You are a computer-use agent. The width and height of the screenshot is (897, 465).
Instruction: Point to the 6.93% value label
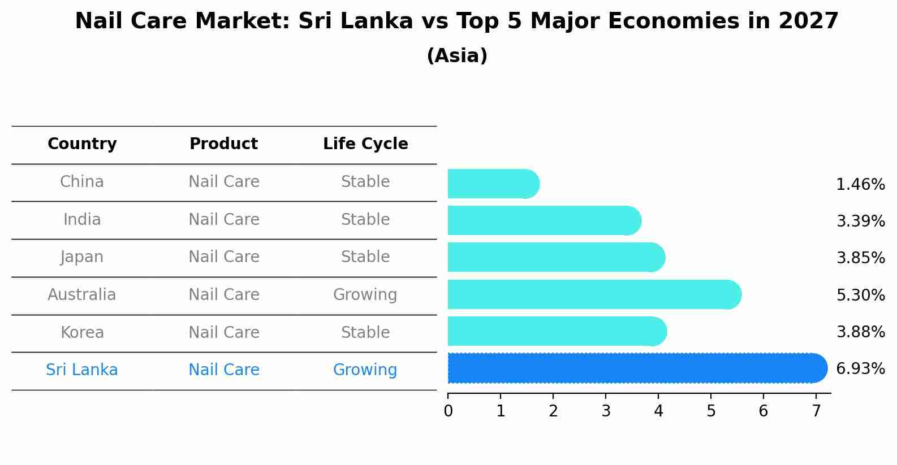(860, 369)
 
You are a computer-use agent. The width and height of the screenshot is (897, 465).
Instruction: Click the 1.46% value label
(860, 185)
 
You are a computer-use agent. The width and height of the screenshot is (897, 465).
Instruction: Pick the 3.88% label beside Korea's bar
(860, 332)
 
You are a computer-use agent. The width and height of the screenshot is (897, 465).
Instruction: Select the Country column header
(82, 144)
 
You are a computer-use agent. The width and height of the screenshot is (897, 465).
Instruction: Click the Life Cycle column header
(365, 144)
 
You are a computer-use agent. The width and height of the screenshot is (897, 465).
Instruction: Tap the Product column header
(223, 144)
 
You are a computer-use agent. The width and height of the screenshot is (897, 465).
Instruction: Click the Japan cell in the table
(82, 257)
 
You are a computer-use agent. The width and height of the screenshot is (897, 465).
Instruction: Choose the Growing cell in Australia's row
(365, 295)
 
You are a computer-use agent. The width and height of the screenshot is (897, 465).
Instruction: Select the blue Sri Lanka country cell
(82, 370)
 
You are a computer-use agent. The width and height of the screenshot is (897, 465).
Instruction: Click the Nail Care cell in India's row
(223, 220)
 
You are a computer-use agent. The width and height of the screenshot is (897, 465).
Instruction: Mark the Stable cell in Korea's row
(365, 333)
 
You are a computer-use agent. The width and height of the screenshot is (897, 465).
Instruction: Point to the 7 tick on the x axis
(816, 411)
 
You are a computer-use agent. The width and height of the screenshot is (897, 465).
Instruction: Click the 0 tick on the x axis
(448, 411)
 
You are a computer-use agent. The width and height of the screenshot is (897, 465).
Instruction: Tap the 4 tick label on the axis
(658, 411)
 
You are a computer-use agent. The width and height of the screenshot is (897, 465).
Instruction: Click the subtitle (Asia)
(457, 56)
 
